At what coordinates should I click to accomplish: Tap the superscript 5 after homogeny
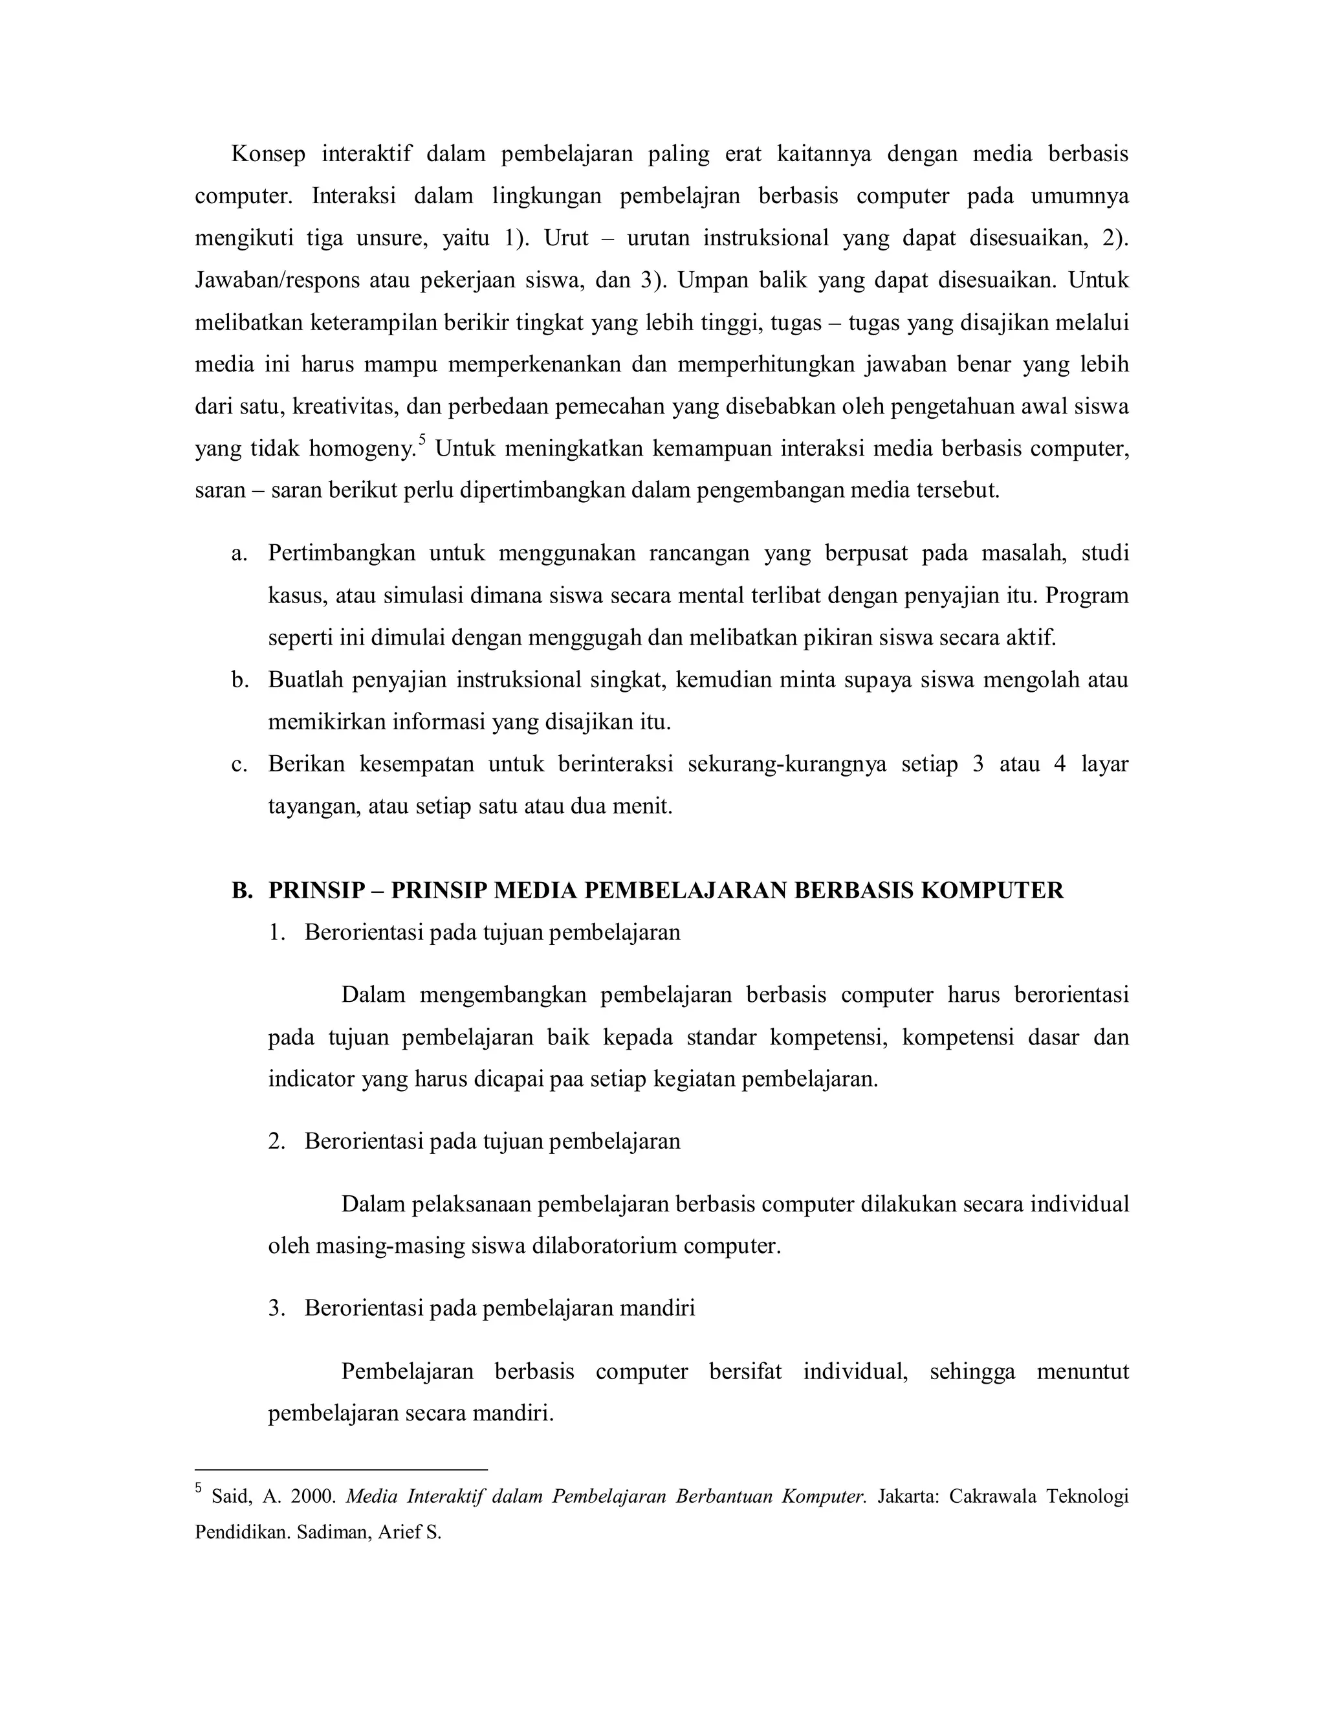(422, 441)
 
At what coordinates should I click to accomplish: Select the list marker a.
(239, 553)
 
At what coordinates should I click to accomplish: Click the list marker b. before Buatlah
(239, 680)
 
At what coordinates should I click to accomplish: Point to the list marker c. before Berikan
(239, 764)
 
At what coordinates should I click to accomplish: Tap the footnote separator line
(341, 1468)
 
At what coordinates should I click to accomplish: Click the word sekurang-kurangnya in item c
(787, 764)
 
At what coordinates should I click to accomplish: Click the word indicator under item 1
(311, 1079)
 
